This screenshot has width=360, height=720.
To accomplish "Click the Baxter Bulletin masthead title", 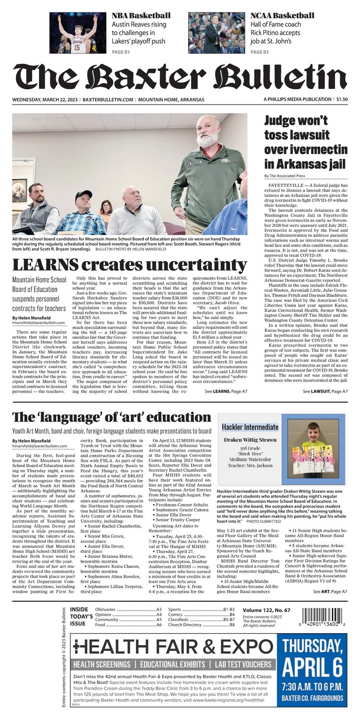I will click(x=180, y=77).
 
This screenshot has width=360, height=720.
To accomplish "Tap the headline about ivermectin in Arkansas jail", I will click(x=304, y=143).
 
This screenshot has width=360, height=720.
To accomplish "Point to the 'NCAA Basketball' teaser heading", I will click(x=282, y=15).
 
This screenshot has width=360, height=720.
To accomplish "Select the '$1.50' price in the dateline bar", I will click(x=342, y=99).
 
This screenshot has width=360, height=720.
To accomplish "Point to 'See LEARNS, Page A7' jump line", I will click(x=226, y=392).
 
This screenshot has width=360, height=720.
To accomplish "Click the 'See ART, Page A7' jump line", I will click(x=330, y=592).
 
